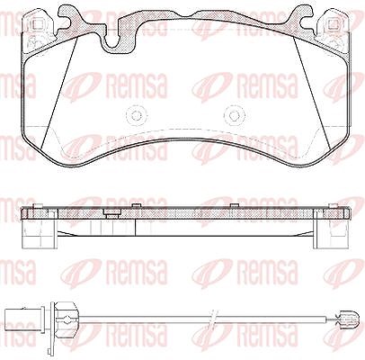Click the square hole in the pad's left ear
pos(36,24)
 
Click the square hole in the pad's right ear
pos(332,24)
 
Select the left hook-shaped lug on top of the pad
pos(72,16)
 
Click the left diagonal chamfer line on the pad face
pos(59,92)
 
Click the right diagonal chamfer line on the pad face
pos(312,92)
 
